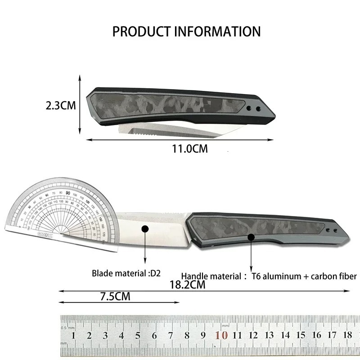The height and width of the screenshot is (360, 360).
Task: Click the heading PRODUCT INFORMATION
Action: click(x=186, y=31)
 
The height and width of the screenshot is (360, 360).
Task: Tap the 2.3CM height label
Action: click(x=61, y=106)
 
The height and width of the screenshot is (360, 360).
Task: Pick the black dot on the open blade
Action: click(x=145, y=229)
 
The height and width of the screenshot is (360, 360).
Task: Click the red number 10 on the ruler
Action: click(x=220, y=335)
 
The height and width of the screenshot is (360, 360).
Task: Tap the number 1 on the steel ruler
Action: click(x=73, y=335)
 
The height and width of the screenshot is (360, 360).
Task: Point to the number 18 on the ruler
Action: click(x=346, y=335)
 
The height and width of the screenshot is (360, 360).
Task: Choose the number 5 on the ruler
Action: click(x=138, y=335)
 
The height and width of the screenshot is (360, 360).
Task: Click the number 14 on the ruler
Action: click(x=285, y=335)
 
